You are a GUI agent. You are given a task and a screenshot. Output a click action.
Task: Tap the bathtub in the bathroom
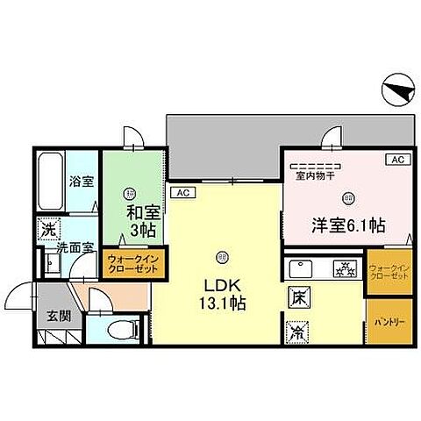tap(50, 183)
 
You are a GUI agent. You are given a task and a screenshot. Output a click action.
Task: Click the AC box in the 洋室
tap(396, 160)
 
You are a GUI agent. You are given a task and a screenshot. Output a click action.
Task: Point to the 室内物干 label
tap(312, 175)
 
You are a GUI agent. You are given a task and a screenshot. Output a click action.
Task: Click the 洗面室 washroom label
tap(75, 248)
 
